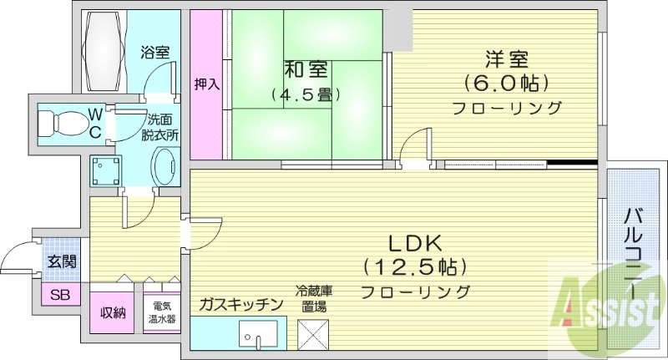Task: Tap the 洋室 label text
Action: point(506,60)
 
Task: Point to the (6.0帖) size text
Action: point(506,84)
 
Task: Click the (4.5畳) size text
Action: point(298,94)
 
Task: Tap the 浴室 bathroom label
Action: point(155,52)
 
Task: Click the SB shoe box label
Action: point(60,295)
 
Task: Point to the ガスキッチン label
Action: point(241,304)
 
